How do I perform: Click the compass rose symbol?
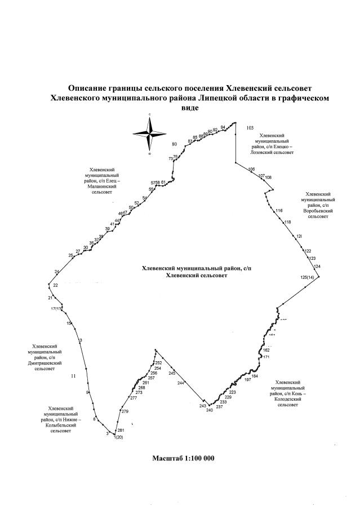coord(149,134)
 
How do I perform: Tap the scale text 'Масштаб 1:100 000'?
coord(183,458)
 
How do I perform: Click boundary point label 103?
coord(251,128)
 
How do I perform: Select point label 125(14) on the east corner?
coord(309,277)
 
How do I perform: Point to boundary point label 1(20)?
coord(118,437)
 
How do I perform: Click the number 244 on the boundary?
coord(181,383)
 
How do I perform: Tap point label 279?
coord(125,411)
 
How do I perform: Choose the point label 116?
coord(278,211)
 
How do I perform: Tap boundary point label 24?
coord(57,272)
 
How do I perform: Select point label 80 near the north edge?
coord(175,144)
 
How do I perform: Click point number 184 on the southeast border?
coord(255,376)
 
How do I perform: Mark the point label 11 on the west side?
coord(73,375)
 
